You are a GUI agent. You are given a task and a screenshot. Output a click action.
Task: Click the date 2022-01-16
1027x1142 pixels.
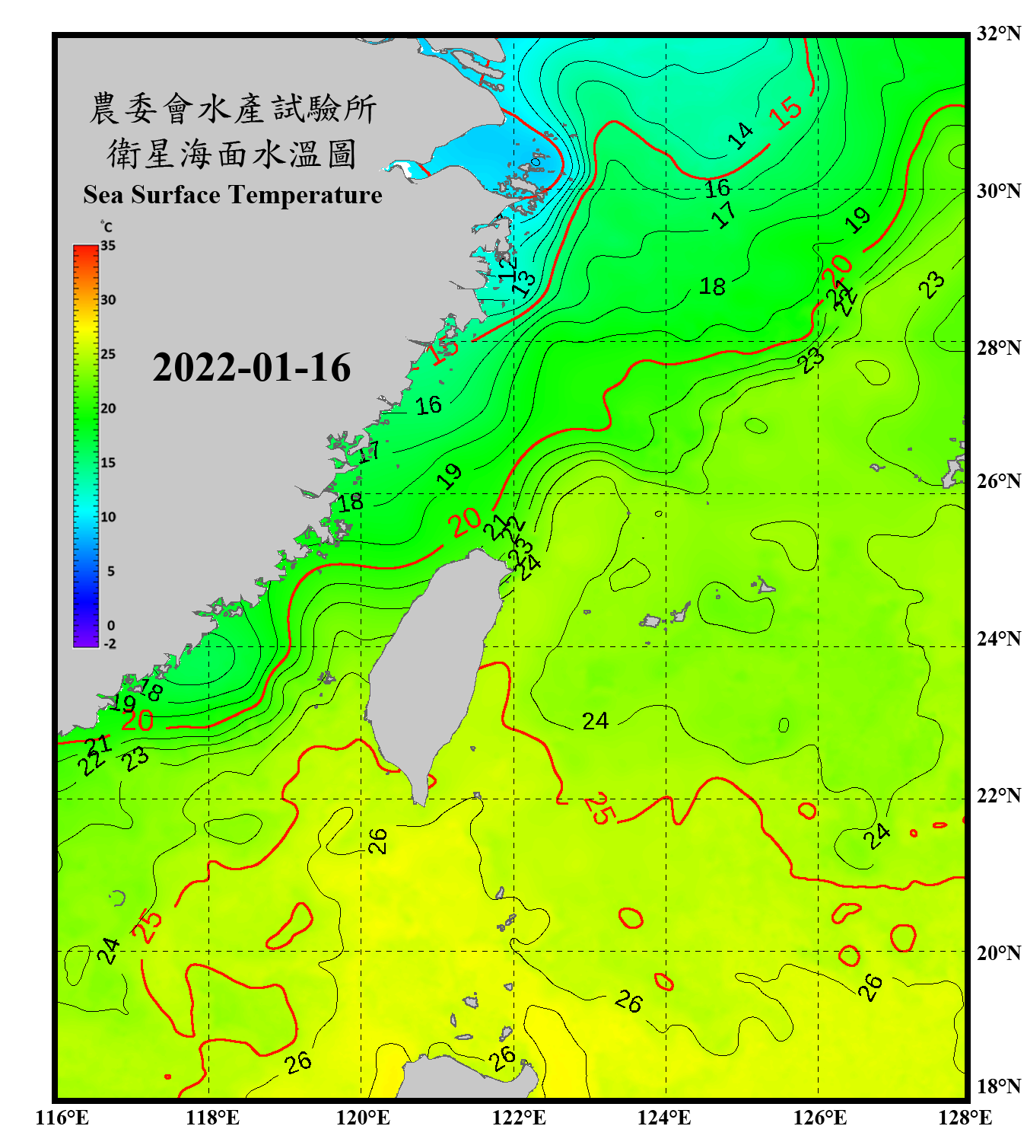[x=252, y=368]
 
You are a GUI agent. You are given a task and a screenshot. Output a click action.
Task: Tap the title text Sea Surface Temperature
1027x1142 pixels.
[x=233, y=195]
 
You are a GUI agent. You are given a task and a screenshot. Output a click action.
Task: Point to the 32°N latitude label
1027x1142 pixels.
[x=998, y=33]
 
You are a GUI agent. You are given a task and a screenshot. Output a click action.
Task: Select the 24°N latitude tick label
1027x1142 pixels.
[x=998, y=639]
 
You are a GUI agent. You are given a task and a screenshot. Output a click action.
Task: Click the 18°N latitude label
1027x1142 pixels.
[x=998, y=1086]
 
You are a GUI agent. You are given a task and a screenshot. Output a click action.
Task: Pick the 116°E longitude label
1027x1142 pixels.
[x=62, y=1118]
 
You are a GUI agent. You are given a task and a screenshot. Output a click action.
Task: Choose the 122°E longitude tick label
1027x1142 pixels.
[x=519, y=1118]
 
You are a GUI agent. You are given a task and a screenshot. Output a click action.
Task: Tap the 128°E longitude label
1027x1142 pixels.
[x=965, y=1118]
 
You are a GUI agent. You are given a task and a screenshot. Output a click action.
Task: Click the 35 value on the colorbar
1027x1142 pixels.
[x=108, y=246]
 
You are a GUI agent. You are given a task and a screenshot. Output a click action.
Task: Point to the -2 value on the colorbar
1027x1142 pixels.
[x=110, y=643]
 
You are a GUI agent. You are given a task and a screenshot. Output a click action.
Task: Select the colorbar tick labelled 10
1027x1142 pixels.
[x=108, y=517]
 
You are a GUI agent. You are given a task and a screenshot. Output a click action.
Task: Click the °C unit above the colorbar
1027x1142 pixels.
[x=107, y=227]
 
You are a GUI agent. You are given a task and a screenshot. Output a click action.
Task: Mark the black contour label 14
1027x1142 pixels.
[x=739, y=136]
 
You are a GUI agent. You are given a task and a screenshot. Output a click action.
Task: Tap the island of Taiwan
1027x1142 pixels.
[x=434, y=662]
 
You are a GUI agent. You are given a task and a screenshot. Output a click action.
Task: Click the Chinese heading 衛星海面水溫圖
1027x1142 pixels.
[x=232, y=154]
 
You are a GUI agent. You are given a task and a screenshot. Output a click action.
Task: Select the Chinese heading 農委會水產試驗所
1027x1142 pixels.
[x=233, y=108]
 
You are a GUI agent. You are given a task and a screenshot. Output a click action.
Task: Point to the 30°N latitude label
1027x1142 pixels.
[x=998, y=191]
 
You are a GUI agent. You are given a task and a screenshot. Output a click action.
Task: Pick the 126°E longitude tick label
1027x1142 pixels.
[x=820, y=1118]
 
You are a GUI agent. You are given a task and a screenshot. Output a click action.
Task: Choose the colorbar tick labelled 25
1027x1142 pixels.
[x=108, y=354]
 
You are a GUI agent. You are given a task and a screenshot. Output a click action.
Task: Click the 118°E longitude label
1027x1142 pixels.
[x=212, y=1118]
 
